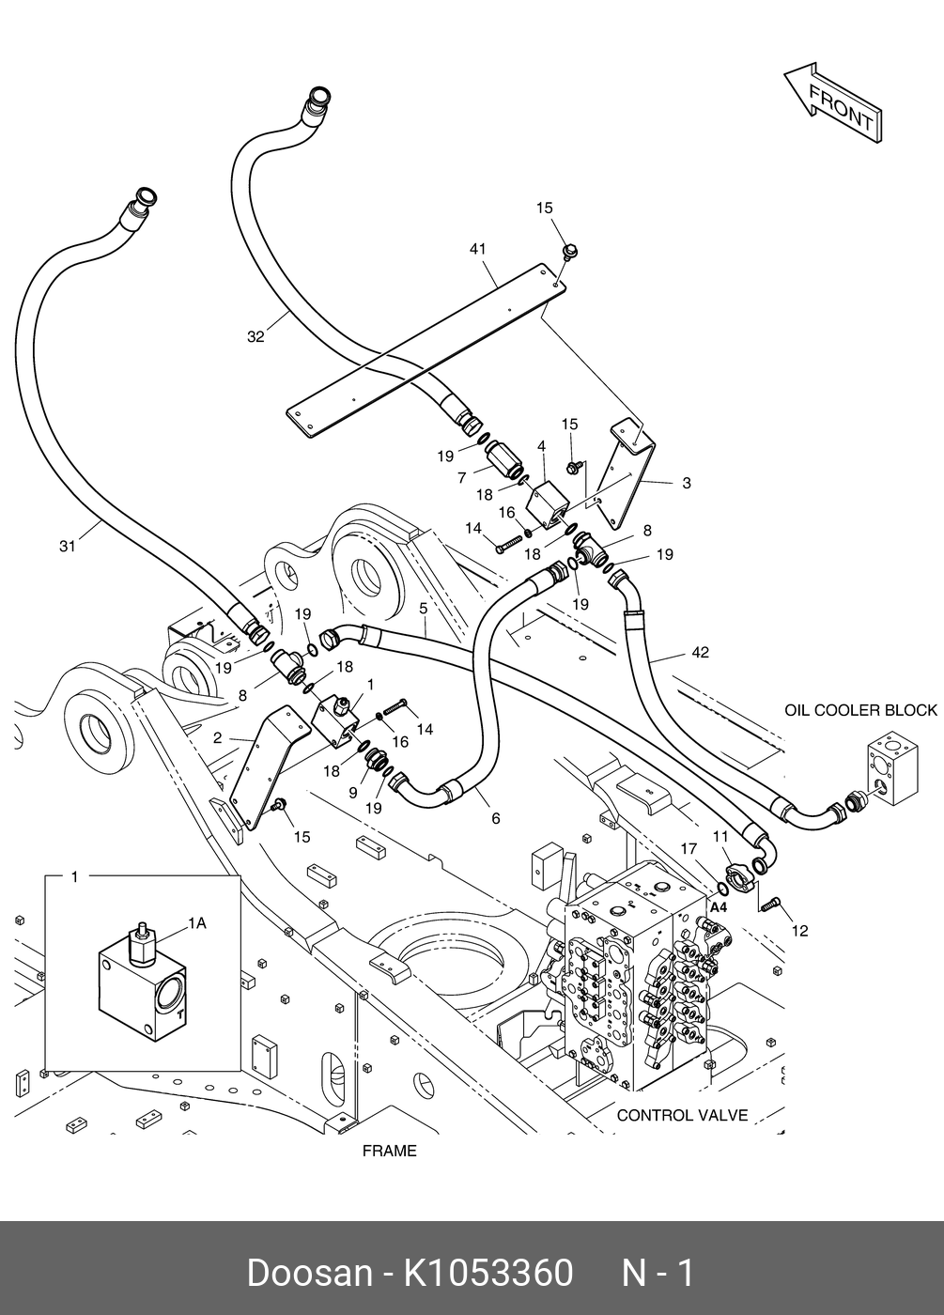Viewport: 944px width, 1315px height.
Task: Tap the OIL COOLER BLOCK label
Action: (860, 710)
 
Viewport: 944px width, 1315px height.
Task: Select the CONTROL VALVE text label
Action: (682, 1116)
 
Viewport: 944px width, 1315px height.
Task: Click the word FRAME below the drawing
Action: (389, 1151)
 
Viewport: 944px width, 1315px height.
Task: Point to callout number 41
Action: (478, 249)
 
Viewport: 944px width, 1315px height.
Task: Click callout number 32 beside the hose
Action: (255, 337)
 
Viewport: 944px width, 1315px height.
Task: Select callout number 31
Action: (67, 546)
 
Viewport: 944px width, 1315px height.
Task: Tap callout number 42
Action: (700, 652)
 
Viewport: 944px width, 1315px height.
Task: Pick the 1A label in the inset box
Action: (196, 923)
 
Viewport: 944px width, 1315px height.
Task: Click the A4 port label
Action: (719, 907)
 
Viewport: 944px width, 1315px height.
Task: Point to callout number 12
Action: (799, 931)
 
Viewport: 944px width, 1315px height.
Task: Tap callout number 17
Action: (689, 849)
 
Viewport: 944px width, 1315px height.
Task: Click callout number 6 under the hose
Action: (495, 818)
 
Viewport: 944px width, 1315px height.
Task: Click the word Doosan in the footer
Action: (309, 1273)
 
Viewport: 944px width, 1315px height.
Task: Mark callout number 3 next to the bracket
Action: (687, 483)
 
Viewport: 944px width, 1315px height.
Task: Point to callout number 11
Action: (720, 836)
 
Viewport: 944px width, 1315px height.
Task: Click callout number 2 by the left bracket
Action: (217, 738)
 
